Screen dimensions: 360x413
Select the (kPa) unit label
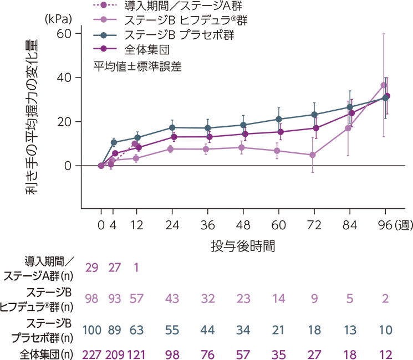coord(58,18)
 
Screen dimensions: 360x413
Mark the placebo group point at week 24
coord(172,128)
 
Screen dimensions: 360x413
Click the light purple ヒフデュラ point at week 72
coord(313,155)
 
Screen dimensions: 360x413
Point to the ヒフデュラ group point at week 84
coord(348,128)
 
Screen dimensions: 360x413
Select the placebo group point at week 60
coord(279,119)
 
